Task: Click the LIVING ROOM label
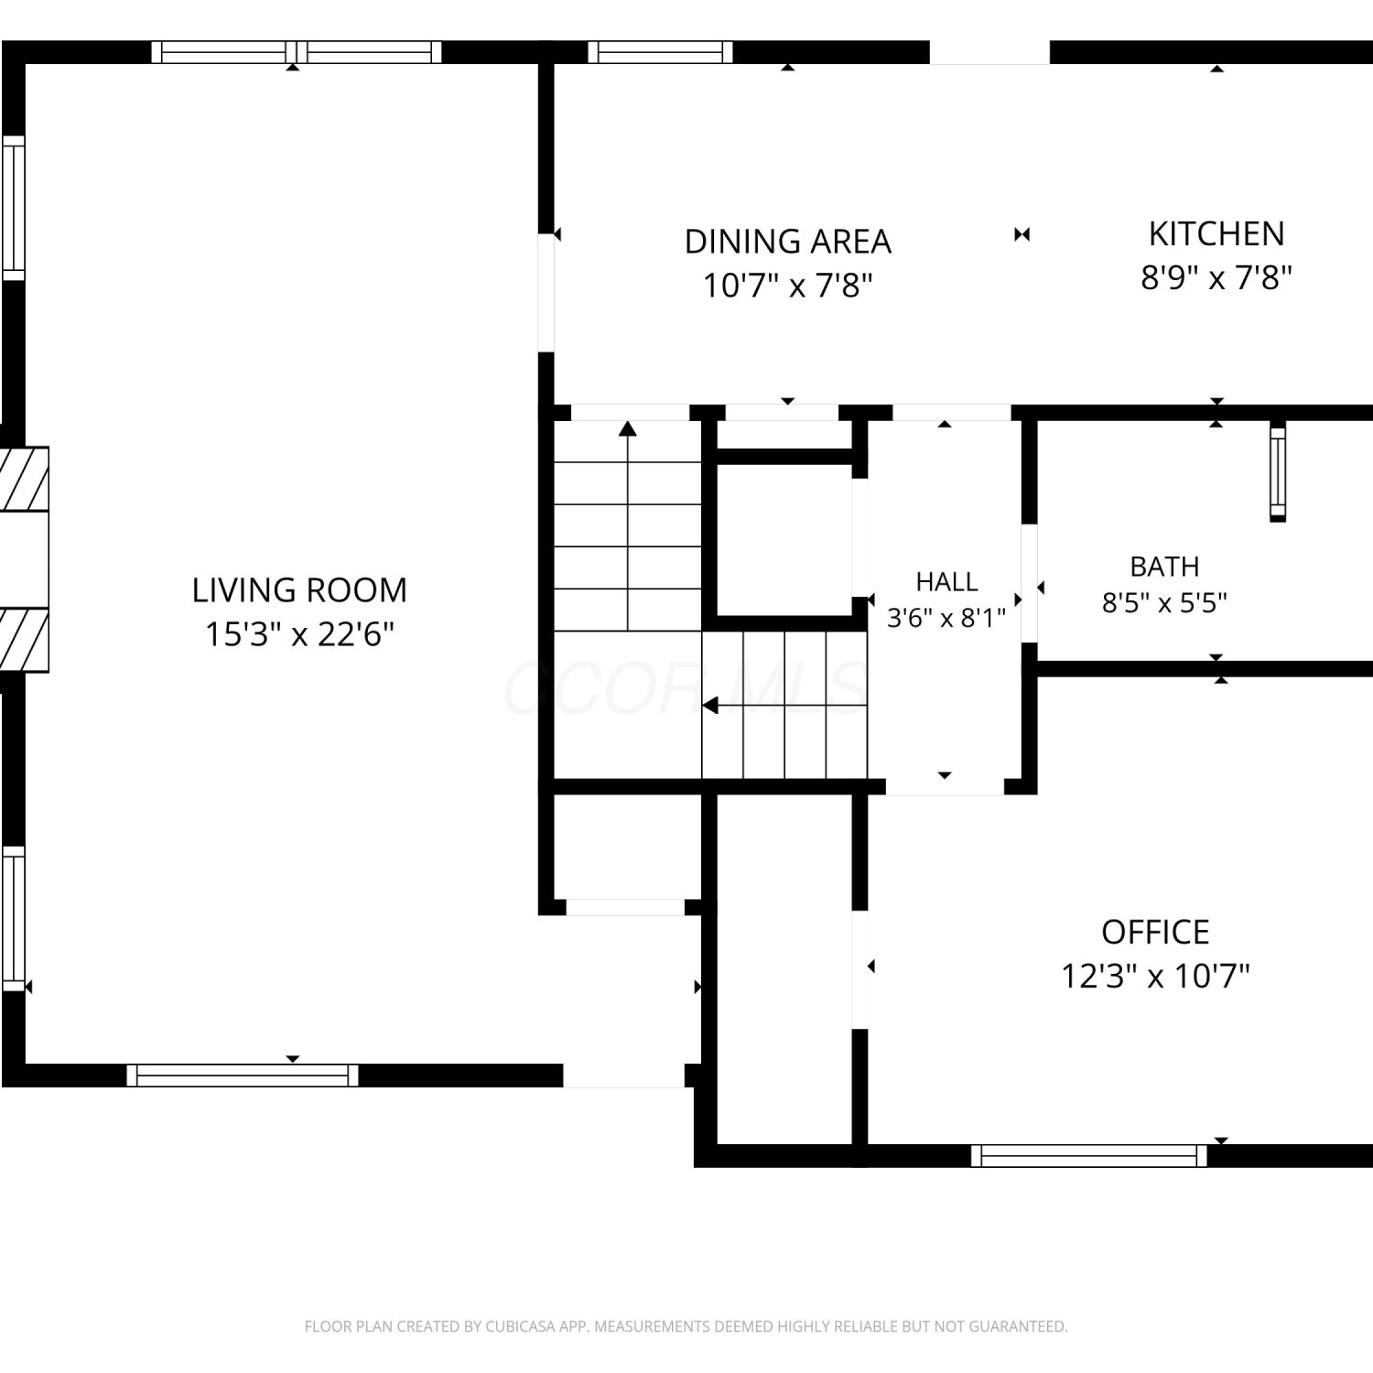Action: click(299, 590)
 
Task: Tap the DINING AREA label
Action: click(788, 242)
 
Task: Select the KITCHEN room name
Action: click(1216, 234)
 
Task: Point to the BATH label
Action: click(1164, 567)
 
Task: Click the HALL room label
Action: click(946, 581)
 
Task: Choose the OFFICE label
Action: click(1155, 932)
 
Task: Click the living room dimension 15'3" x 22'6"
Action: click(299, 633)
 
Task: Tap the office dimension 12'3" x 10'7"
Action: click(1155, 976)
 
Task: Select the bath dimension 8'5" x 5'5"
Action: click(1164, 603)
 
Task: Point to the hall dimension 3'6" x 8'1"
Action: click(946, 618)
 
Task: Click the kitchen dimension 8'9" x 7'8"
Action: click(1216, 276)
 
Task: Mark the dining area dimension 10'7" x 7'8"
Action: click(788, 286)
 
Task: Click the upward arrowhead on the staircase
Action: click(627, 427)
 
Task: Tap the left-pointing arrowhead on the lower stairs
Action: click(709, 706)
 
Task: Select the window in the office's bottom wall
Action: click(1089, 1156)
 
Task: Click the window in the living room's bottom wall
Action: click(243, 1076)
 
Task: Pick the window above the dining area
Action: click(660, 52)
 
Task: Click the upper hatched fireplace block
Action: click(24, 479)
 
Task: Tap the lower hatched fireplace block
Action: click(24, 640)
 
